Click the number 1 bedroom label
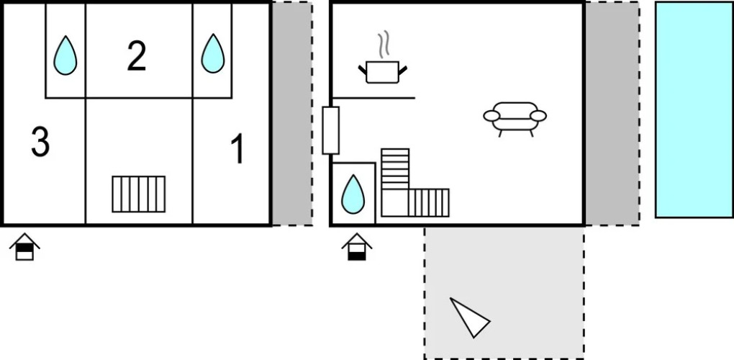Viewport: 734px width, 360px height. (237, 150)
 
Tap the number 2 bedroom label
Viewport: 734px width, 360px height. (137, 56)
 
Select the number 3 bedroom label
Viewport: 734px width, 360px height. (40, 142)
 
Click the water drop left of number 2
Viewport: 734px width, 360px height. (65, 55)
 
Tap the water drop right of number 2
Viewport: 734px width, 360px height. (212, 54)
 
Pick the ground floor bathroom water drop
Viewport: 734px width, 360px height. (353, 194)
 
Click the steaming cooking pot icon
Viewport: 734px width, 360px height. (382, 70)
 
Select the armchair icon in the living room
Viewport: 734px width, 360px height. (515, 117)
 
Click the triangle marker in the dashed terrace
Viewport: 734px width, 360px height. (469, 317)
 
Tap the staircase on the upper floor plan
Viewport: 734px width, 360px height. (139, 194)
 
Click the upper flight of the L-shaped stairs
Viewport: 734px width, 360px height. (395, 168)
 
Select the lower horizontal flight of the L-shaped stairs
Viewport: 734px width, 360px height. (429, 202)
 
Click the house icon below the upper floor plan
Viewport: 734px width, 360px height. (24, 247)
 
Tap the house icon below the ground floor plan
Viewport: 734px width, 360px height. (356, 247)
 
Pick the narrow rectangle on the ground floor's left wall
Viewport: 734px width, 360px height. (330, 130)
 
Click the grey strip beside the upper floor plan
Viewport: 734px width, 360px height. (291, 114)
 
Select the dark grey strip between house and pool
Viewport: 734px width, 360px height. (611, 114)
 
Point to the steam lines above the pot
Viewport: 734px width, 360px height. (385, 43)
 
